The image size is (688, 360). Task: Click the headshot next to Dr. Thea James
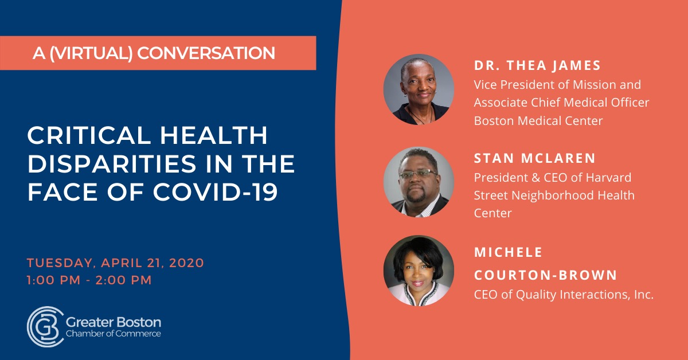pos(419,89)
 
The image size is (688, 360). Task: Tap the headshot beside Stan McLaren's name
pos(419,182)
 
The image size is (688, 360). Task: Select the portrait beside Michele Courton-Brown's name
pos(419,271)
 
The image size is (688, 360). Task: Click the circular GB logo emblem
pos(45,327)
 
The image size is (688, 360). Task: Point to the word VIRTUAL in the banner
pos(91,53)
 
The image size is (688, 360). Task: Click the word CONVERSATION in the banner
pos(206,53)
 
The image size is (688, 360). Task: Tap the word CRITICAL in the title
pos(89,135)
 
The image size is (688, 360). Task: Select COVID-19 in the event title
pos(216,193)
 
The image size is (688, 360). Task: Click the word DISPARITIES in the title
pos(112,164)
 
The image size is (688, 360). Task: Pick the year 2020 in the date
pos(186,263)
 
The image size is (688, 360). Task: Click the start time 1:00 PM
pos(53,280)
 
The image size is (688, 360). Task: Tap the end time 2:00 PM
pos(123,280)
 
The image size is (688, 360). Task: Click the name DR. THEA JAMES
pos(537,65)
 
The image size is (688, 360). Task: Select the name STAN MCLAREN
pos(535,158)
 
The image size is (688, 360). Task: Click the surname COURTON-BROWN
pos(545,275)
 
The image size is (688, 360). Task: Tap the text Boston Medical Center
pos(538,121)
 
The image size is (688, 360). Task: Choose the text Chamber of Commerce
pos(114,334)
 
